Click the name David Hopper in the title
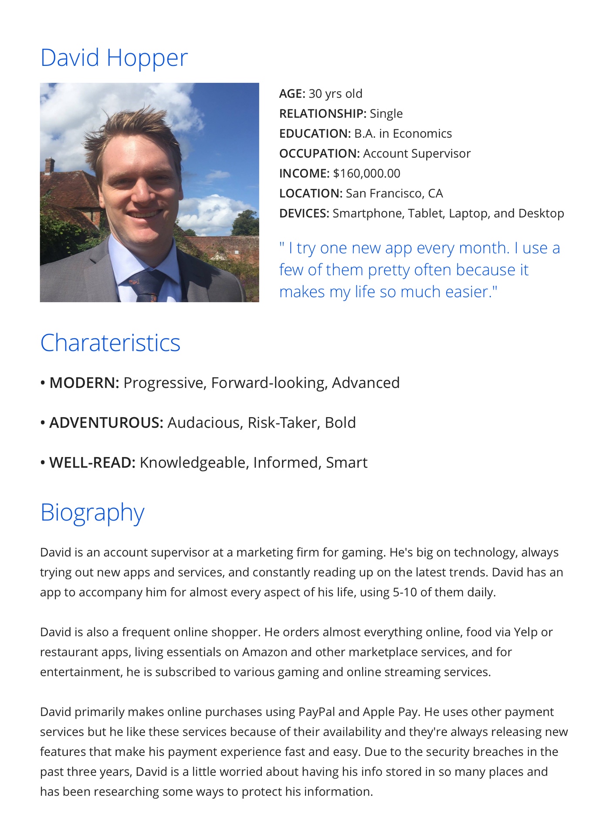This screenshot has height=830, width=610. (114, 58)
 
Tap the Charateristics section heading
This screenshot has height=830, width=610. (110, 343)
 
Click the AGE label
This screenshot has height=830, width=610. (292, 94)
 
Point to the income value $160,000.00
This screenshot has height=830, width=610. (366, 173)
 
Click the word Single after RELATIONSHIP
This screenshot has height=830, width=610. (386, 114)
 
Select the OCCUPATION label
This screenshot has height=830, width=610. (319, 153)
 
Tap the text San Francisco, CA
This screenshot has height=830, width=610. (394, 194)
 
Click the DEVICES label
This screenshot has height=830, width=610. (304, 214)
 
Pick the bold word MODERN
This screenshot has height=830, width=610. (84, 383)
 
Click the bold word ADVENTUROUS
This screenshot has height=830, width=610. (106, 423)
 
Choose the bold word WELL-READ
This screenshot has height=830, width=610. (92, 463)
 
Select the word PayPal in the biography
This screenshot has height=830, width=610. (316, 712)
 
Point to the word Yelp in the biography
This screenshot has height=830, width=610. (525, 632)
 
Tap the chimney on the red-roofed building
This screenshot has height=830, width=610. (49, 165)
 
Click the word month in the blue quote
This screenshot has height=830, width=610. (484, 248)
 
